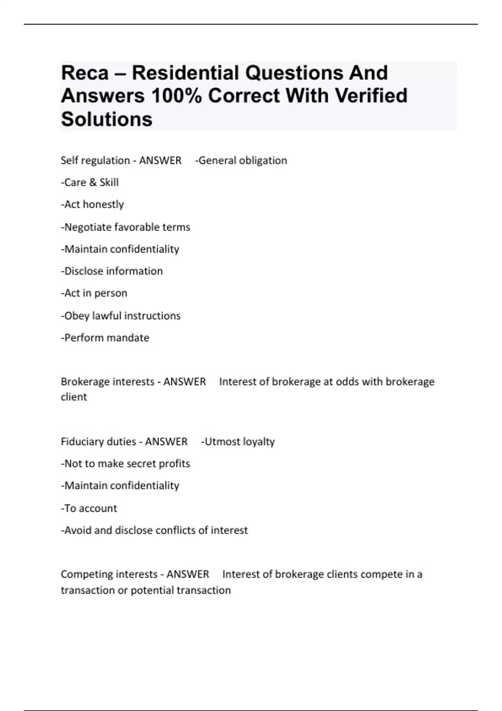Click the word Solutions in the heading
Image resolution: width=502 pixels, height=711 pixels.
[107, 119]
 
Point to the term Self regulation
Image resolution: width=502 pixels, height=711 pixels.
[95, 161]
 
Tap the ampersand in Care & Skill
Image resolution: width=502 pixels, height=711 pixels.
[92, 183]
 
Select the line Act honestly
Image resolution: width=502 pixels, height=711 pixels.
[92, 205]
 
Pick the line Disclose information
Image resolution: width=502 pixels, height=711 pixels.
[112, 271]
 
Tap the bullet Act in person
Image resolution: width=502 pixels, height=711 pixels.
[94, 293]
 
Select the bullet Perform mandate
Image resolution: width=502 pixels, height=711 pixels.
[105, 338]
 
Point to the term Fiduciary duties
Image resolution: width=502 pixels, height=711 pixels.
[98, 442]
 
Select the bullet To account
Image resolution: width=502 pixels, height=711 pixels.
[89, 509]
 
